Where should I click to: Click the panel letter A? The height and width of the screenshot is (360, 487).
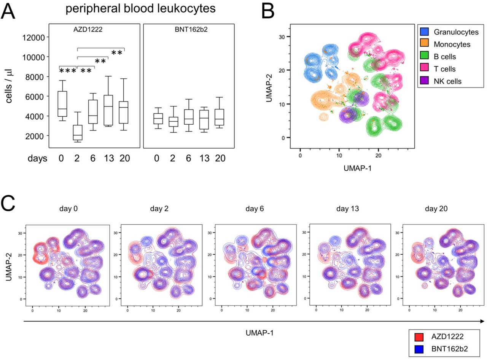[8, 11]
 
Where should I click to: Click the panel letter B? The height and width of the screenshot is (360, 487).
[268, 11]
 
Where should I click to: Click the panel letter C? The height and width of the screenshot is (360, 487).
[8, 203]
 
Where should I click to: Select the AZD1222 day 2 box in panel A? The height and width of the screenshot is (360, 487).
[78, 133]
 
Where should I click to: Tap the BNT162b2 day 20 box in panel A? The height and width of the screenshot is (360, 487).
[220, 117]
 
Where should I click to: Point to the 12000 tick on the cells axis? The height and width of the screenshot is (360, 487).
[33, 38]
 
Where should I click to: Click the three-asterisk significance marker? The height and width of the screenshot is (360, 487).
[68, 71]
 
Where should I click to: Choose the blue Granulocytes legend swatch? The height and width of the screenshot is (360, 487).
[425, 32]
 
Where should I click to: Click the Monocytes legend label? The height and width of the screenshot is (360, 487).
[452, 44]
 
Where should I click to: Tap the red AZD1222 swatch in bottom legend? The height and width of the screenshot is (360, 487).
[419, 337]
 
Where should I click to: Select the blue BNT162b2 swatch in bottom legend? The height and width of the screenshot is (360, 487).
[419, 349]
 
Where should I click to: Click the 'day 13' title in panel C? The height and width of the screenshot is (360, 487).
[348, 209]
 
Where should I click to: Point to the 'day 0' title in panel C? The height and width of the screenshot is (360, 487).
[68, 209]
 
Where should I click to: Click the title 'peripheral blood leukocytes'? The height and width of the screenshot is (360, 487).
[140, 9]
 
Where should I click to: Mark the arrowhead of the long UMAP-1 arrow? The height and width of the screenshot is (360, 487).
[482, 321]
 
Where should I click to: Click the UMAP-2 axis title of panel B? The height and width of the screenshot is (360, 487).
[269, 88]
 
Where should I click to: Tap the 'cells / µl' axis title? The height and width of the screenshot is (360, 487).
[9, 86]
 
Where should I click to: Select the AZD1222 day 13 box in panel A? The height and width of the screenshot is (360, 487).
[108, 110]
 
